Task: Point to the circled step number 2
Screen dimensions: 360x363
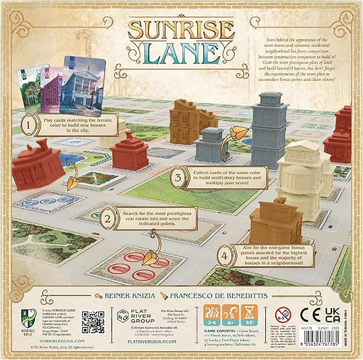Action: (x=109, y=218)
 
